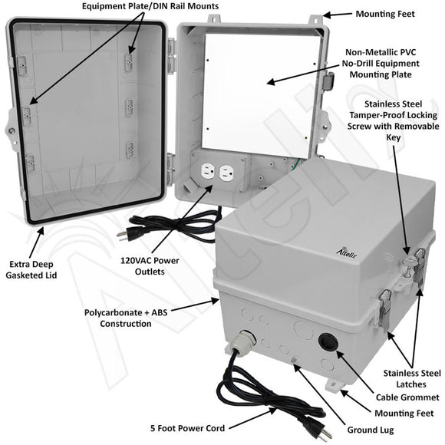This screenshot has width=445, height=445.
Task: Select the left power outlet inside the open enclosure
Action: (x=207, y=173)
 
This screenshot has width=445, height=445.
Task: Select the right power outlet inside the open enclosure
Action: (x=225, y=173)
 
